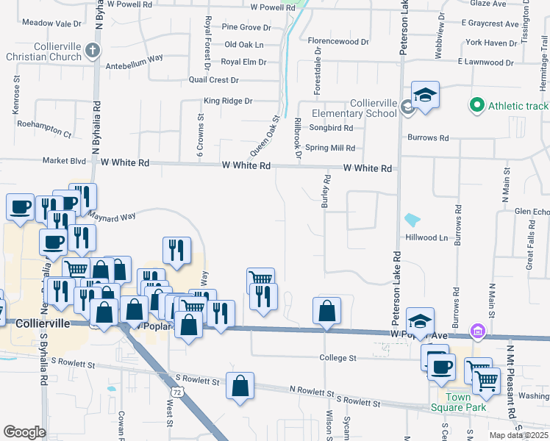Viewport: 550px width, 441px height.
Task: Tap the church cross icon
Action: point(92,51)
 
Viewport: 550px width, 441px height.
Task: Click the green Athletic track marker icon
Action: point(476,107)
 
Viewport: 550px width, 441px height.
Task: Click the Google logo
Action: point(24,432)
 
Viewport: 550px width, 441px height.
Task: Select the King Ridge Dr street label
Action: point(228,101)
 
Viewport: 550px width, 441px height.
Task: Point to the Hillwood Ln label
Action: point(426,238)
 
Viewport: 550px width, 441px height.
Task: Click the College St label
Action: point(337,358)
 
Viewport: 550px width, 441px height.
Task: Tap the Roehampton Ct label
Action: point(44,135)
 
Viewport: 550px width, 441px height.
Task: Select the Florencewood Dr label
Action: point(338,42)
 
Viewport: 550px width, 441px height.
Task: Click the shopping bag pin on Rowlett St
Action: point(240,387)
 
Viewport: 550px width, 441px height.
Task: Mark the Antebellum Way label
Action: point(135,58)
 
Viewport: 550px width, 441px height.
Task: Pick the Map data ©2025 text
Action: point(519,435)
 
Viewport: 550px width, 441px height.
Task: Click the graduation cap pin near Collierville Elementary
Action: point(425,96)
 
